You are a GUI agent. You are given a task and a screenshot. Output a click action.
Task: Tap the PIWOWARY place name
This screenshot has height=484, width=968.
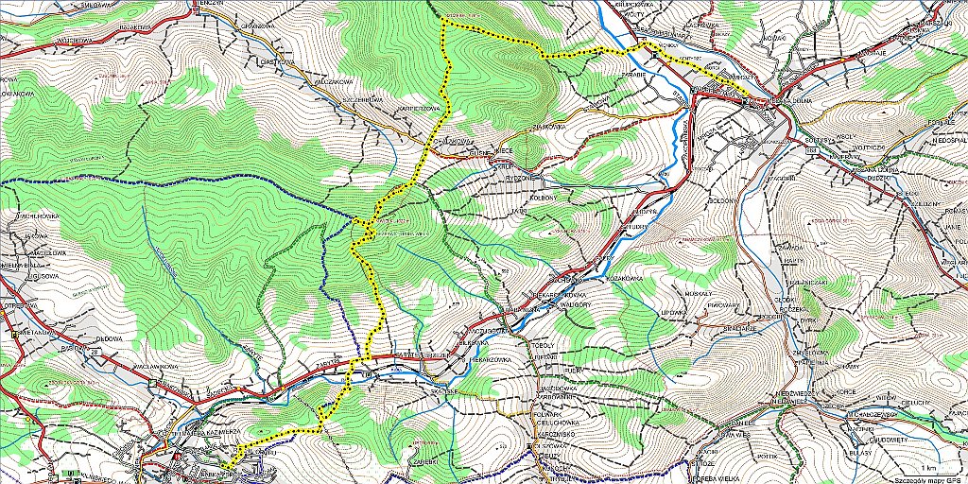(x=725, y=305)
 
